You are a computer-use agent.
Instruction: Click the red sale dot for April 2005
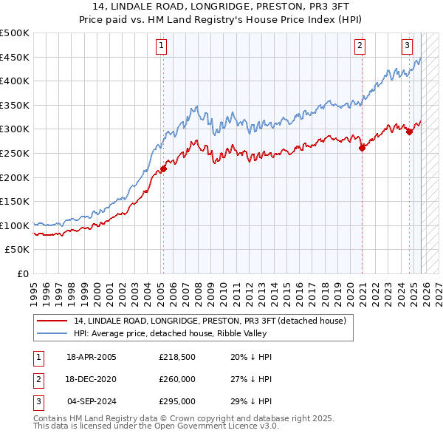163,168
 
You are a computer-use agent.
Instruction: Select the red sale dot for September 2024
409,132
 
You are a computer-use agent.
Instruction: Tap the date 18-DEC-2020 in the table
91,379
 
